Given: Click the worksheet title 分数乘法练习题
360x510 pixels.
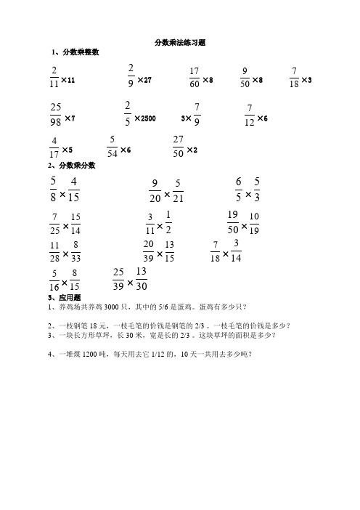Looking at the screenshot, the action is tap(180, 43).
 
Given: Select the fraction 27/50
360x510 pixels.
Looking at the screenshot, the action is tap(179, 146).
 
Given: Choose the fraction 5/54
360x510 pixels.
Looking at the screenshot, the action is tap(111, 147).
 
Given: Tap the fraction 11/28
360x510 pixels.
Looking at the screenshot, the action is tap(54, 252).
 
